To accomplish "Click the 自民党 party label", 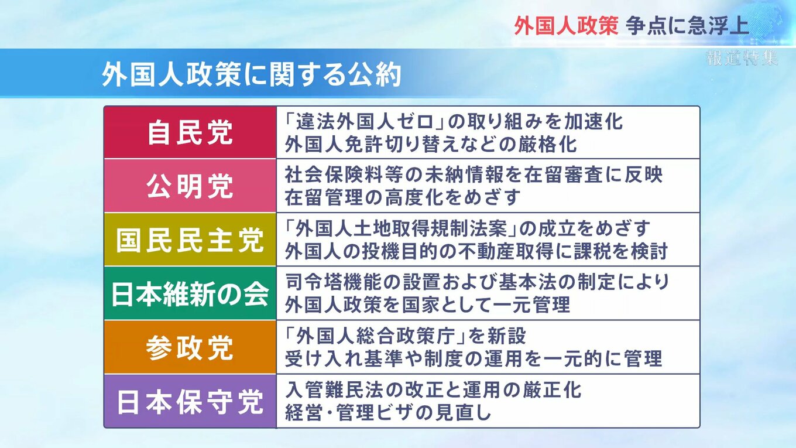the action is point(190,132).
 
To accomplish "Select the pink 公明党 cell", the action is point(190,186).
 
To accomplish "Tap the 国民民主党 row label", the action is point(190,240).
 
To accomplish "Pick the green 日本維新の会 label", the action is point(190,294).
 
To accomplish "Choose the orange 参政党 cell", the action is point(190,347).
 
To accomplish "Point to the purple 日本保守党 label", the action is point(190,402).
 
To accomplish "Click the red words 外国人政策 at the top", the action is point(566,25).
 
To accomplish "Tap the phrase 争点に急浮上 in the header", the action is point(687,25).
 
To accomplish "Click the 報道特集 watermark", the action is point(742,58).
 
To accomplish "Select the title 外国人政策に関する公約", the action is point(252,75).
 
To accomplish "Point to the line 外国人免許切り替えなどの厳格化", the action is point(431,144).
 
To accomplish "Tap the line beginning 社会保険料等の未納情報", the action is point(474,175).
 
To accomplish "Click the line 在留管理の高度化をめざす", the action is point(403,197).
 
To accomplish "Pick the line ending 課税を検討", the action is point(476,251).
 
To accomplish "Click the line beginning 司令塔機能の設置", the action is point(477,282).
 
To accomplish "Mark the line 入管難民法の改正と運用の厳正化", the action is point(433,390).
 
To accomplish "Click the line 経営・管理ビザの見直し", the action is point(388,412).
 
